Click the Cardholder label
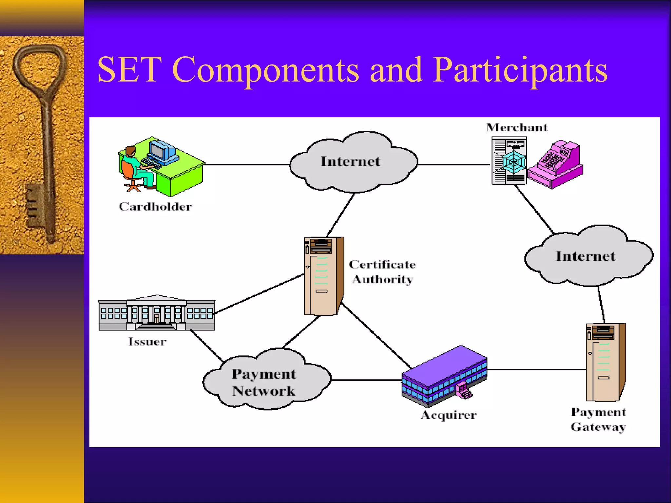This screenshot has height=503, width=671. tap(155, 207)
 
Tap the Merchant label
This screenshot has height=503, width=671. tap(517, 127)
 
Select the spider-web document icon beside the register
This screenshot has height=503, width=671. tap(510, 161)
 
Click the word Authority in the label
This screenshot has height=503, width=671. tap(383, 279)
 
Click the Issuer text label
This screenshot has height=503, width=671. tap(147, 342)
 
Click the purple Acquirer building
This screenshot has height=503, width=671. tap(444, 373)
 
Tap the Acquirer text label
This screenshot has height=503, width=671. tap(449, 415)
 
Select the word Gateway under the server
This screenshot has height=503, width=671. tap(598, 427)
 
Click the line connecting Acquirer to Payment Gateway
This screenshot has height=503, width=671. tap(537, 369)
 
